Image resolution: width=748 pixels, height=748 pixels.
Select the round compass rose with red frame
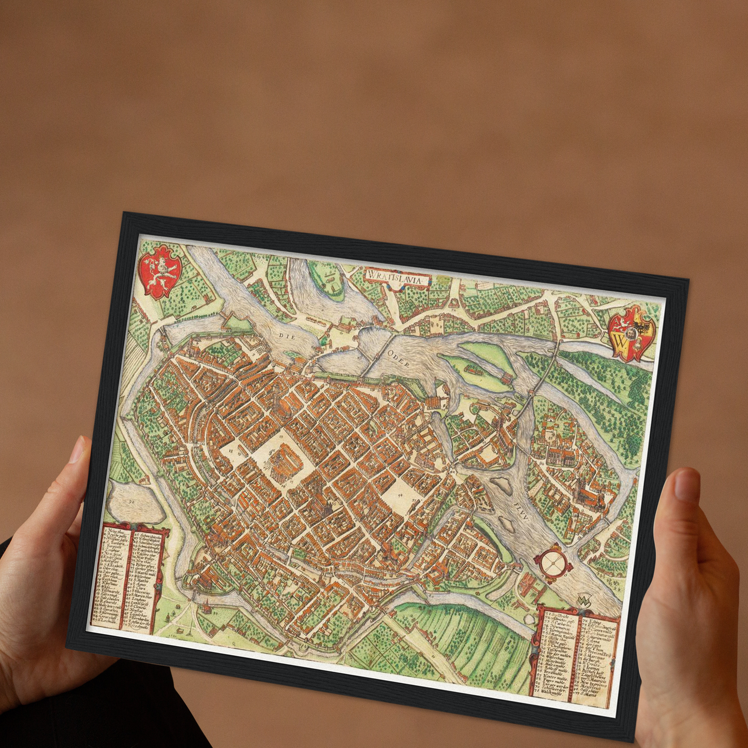pos(553,561)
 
